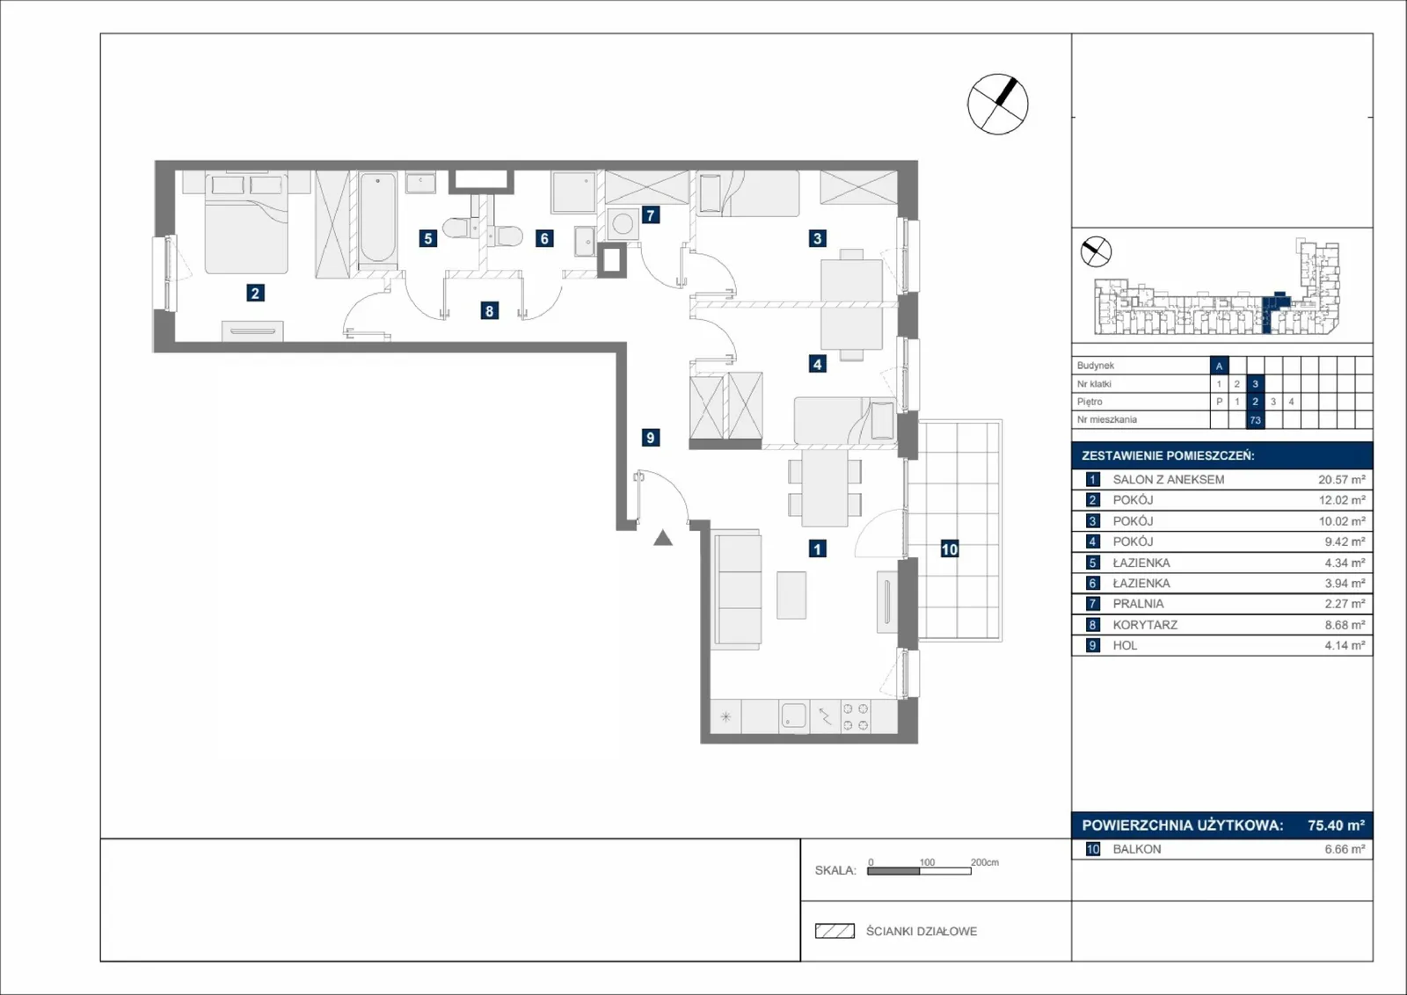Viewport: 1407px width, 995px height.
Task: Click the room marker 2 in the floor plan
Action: [x=255, y=293]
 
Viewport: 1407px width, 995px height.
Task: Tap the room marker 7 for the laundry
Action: [x=651, y=215]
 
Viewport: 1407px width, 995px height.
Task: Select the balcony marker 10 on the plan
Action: [x=949, y=549]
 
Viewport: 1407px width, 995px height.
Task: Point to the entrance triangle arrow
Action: [x=663, y=538]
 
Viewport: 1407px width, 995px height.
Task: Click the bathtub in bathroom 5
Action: [x=377, y=216]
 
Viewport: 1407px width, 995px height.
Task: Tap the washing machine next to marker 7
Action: [x=623, y=224]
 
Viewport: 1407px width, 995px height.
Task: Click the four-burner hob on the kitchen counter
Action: [x=856, y=717]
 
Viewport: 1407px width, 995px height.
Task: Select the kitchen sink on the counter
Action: [x=794, y=716]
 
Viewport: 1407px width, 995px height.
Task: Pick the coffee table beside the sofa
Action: [x=791, y=595]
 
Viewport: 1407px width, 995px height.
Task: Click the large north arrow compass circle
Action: [x=997, y=105]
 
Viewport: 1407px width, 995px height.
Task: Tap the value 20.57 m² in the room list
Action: [x=1342, y=480]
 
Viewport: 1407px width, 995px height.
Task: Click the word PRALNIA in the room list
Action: [x=1138, y=604]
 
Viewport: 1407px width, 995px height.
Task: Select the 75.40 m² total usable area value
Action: [x=1336, y=824]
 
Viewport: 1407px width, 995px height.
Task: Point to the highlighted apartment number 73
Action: [x=1255, y=420]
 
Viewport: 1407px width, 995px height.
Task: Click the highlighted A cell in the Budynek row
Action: [x=1219, y=366]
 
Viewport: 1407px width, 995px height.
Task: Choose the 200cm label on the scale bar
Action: [x=985, y=862]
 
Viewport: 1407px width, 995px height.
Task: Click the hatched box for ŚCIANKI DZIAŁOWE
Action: [x=835, y=931]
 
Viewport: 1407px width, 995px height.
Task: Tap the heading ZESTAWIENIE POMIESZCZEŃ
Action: [x=1168, y=456]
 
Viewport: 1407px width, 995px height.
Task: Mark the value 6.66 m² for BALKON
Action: [x=1345, y=849]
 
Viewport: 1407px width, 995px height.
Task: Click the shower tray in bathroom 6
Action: [x=573, y=192]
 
